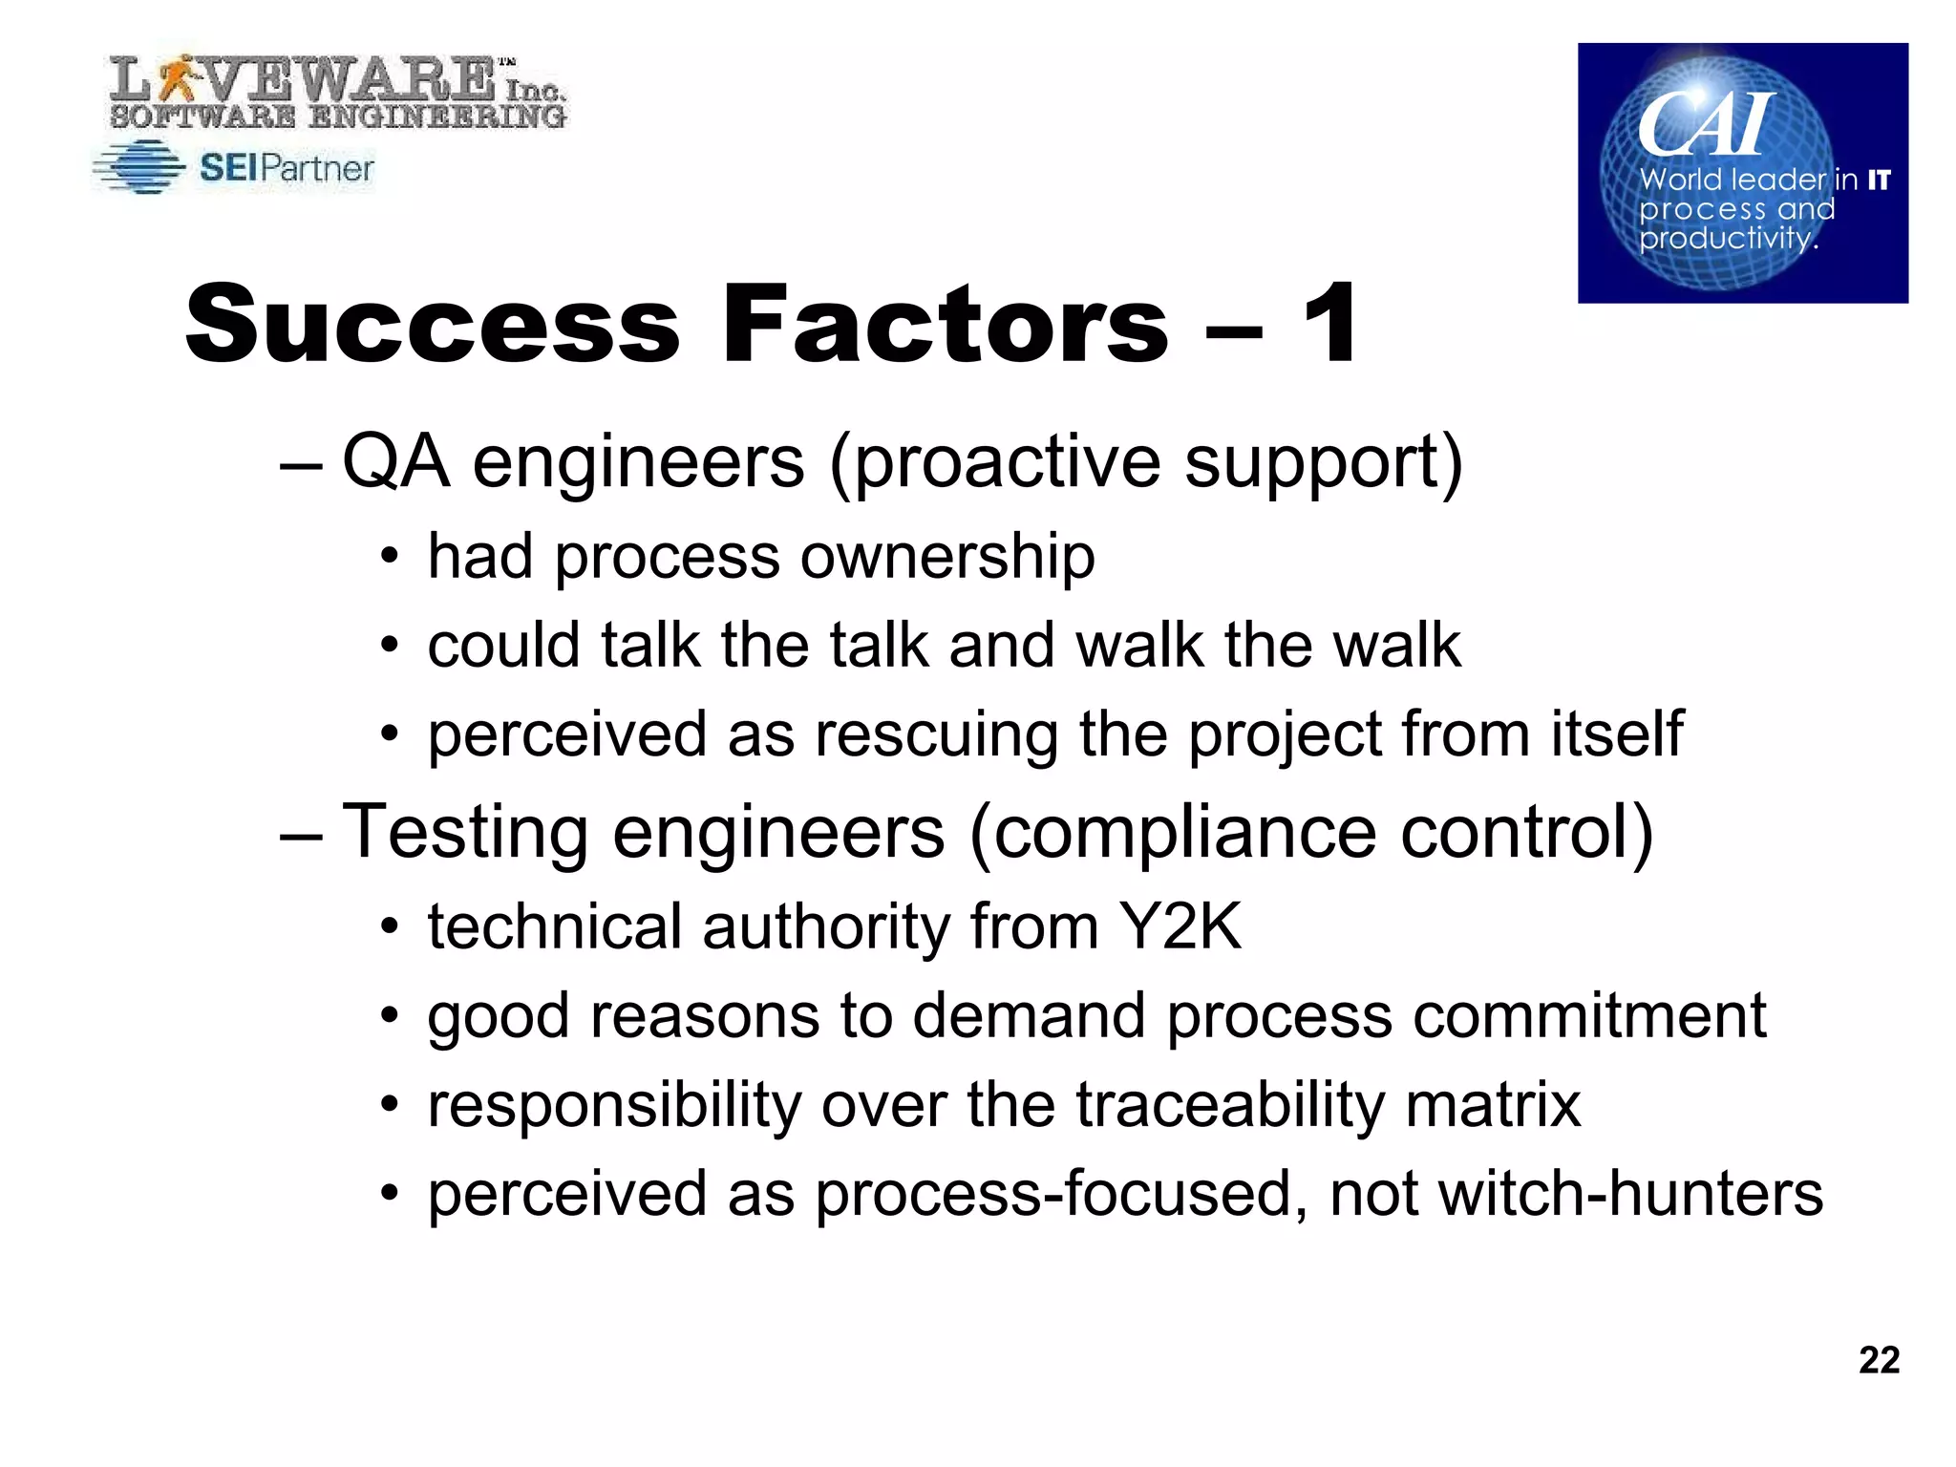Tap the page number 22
click(x=1879, y=1359)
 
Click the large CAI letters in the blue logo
click(x=1706, y=124)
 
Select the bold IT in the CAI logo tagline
click(x=1879, y=180)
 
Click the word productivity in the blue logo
click(x=1727, y=237)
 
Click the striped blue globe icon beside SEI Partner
click(x=139, y=167)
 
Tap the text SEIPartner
click(x=287, y=168)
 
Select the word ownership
click(x=947, y=556)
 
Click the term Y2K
click(x=1180, y=925)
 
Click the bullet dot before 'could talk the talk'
click(x=388, y=646)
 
